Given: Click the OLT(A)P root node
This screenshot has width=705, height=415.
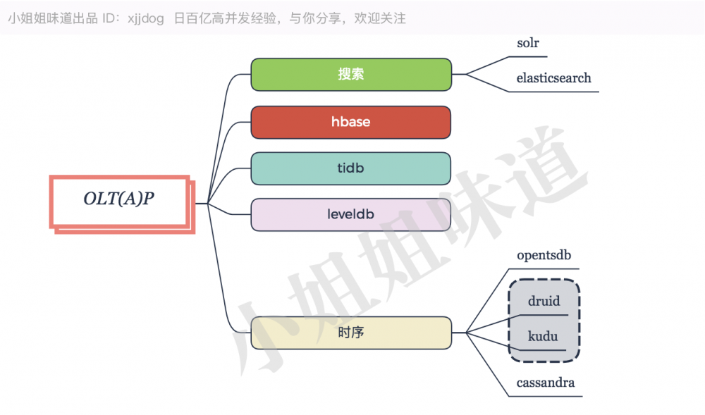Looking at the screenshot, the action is tap(119, 199).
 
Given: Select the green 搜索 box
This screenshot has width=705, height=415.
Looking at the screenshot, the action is tap(351, 75).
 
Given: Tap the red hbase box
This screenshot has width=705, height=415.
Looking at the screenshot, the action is tap(351, 122).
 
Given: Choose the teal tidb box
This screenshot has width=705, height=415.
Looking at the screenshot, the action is tap(351, 168).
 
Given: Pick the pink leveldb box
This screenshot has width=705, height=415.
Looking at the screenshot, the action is tap(351, 214).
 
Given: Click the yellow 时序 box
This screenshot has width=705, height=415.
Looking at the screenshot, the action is tap(351, 333).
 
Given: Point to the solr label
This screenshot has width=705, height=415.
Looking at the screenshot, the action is tap(528, 43).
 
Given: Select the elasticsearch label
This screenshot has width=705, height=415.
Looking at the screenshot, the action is tap(553, 78).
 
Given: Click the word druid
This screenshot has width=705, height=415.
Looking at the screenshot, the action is tap(544, 302).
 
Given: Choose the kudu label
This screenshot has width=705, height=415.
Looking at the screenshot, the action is tap(543, 336).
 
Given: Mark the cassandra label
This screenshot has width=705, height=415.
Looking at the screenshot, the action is tap(545, 383).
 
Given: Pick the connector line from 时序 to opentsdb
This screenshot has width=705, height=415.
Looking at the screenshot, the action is tap(486, 300).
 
